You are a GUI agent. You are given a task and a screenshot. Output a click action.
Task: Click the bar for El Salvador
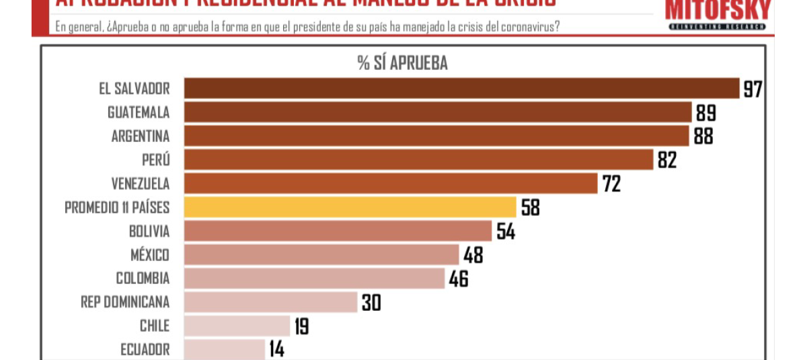(x=461, y=89)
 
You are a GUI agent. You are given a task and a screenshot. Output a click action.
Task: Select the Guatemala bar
(x=437, y=112)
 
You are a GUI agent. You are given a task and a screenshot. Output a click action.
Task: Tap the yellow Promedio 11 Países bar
(x=350, y=207)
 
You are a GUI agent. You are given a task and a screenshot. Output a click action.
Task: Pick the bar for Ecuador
(x=224, y=349)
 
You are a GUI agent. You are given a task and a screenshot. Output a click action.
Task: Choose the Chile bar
(x=236, y=326)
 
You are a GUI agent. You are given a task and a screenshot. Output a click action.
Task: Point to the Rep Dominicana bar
(x=270, y=302)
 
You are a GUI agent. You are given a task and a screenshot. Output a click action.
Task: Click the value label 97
(x=752, y=89)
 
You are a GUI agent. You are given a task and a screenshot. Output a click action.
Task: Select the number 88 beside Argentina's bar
(x=703, y=136)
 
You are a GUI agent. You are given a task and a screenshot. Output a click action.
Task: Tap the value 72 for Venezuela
(x=611, y=183)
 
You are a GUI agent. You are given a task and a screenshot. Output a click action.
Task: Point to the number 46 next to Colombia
(x=458, y=278)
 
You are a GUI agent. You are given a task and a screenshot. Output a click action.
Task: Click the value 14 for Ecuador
(x=276, y=349)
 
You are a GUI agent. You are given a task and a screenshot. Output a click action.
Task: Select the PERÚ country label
(x=156, y=159)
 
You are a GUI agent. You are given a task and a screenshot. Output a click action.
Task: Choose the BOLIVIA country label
(x=149, y=231)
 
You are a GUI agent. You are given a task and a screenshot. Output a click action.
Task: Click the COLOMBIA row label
(x=143, y=278)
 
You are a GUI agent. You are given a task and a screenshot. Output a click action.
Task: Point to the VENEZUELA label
(x=140, y=183)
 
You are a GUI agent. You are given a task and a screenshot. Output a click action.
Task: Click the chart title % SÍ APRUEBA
(x=402, y=63)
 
